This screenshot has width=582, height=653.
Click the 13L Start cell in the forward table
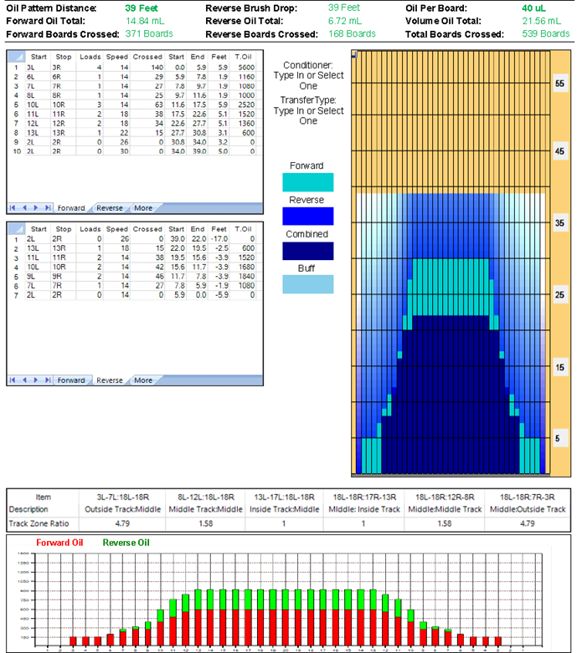pyautogui.click(x=31, y=132)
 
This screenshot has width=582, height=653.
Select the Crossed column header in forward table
pyautogui.click(x=147, y=55)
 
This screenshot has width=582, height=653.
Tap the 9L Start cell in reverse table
pyautogui.click(x=31, y=275)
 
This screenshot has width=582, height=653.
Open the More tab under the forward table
pyautogui.click(x=143, y=207)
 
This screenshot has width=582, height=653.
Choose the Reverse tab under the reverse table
pyautogui.click(x=109, y=380)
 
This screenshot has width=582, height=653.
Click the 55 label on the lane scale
pyautogui.click(x=560, y=84)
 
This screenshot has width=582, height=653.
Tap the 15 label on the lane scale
pyautogui.click(x=560, y=368)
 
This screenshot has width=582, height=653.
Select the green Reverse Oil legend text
pyautogui.click(x=127, y=543)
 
